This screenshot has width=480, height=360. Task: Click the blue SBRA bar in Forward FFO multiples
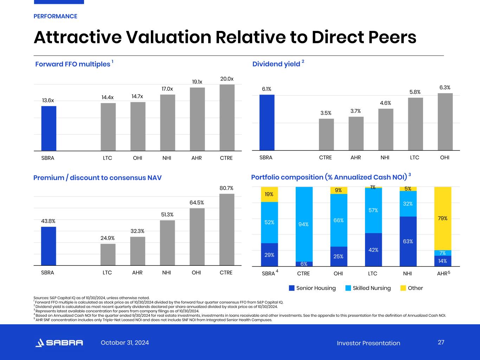coord(49,128)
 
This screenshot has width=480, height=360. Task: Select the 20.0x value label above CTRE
coord(227,79)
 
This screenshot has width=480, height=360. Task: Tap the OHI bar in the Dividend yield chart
coord(445,122)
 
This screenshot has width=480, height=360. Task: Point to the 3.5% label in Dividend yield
coord(326,113)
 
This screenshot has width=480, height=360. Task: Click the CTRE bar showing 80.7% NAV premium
coord(226,230)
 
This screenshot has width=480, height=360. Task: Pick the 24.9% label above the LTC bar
coord(108,238)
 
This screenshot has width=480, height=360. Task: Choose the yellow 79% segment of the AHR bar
coord(442,218)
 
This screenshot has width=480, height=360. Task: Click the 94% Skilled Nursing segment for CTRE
coord(304,224)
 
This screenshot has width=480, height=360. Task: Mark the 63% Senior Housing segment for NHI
coord(408,241)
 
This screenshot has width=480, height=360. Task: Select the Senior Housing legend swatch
coord(292,288)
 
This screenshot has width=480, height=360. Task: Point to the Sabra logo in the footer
coord(59,343)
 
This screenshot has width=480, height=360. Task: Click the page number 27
coord(441,342)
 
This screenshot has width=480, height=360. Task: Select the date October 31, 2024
coord(125,343)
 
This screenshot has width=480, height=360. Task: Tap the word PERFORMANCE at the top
coord(55,16)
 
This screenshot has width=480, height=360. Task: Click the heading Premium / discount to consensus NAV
coord(97,178)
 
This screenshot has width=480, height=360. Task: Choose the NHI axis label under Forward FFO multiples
coord(167,158)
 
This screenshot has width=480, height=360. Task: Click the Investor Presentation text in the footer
coord(368,343)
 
